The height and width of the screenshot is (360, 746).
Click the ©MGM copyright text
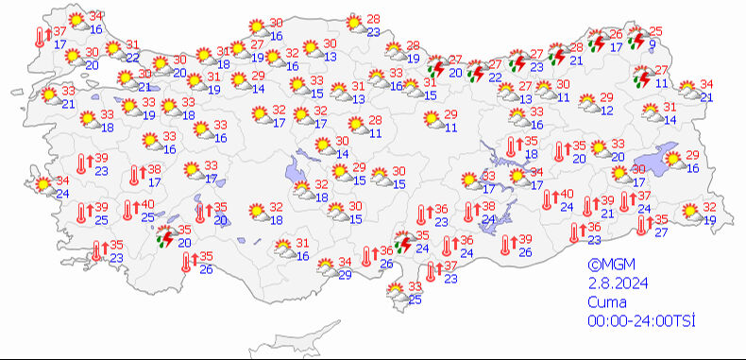click(606, 266)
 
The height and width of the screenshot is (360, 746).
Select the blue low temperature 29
click(345, 274)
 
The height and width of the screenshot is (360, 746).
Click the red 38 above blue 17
click(155, 170)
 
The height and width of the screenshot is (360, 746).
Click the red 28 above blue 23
click(373, 19)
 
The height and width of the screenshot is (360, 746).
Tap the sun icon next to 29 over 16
click(672, 161)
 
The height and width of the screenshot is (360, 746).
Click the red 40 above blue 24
click(568, 194)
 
